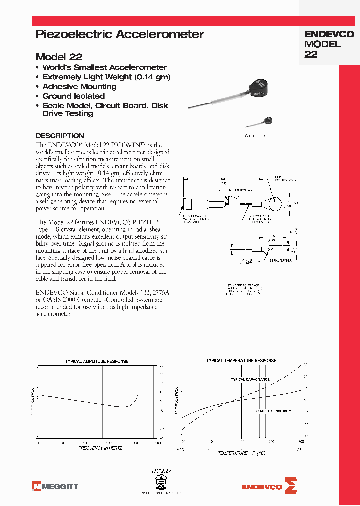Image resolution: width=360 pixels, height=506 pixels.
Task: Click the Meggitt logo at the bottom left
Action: [55, 486]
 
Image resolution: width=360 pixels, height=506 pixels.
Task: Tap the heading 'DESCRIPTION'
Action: [60, 136]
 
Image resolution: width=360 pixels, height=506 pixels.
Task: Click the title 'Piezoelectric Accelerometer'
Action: [120, 34]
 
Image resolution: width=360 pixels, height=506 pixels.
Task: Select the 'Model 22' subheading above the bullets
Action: [59, 57]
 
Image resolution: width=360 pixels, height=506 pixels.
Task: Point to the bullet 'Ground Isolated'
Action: [73, 96]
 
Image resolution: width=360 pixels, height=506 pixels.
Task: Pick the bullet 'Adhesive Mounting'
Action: [79, 86]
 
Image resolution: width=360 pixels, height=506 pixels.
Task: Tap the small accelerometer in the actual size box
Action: [268, 120]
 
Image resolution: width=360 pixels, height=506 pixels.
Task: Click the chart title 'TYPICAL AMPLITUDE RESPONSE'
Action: [97, 361]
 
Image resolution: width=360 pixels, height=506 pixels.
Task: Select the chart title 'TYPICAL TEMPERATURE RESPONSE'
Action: [241, 360]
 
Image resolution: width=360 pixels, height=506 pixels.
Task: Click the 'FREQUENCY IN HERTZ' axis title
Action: [100, 448]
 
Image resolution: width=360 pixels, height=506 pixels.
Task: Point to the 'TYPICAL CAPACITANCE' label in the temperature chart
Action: [250, 379]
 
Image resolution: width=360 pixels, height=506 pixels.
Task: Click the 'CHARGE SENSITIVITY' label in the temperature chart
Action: [273, 411]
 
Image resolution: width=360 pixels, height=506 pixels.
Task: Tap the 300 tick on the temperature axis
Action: [301, 442]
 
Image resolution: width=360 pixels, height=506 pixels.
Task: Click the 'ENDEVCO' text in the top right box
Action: [329, 34]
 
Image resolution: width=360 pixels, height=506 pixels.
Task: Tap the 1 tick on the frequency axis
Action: [39, 442]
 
